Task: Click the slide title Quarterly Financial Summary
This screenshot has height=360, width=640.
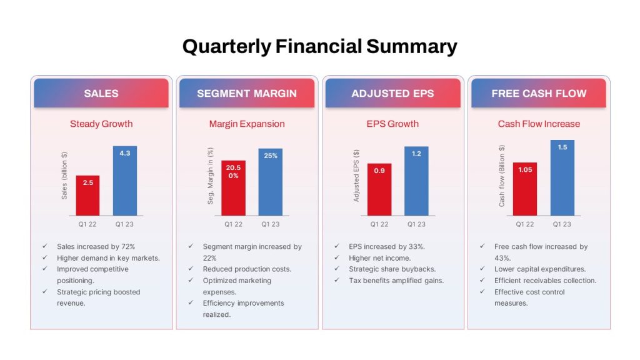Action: (319, 46)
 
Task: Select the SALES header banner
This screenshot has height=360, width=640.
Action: (101, 93)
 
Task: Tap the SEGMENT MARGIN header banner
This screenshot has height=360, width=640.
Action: (247, 93)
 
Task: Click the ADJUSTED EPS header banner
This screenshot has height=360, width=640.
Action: (392, 93)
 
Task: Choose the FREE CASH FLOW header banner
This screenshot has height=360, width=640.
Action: (539, 93)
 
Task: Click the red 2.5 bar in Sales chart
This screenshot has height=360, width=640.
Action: (87, 196)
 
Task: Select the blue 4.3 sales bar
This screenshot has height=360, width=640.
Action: (125, 181)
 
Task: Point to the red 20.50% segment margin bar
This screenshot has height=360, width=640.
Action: (234, 187)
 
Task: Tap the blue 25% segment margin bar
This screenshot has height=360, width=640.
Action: (271, 182)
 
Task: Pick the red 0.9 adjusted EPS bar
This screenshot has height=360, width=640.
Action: (379, 189)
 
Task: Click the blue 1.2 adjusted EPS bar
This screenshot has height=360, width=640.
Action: (416, 181)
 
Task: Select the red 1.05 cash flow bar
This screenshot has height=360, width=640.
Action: (525, 189)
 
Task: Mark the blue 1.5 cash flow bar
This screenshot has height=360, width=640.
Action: (562, 178)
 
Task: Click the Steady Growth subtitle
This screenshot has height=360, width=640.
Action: (101, 124)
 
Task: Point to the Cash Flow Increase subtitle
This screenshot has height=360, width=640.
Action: (539, 124)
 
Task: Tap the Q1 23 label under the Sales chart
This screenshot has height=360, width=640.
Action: (124, 224)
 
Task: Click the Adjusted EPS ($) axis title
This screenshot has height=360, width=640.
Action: (356, 176)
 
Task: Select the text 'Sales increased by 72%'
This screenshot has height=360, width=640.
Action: (96, 246)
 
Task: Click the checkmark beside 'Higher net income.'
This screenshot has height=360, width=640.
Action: (337, 257)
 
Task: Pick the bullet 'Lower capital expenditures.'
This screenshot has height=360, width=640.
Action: (540, 269)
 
